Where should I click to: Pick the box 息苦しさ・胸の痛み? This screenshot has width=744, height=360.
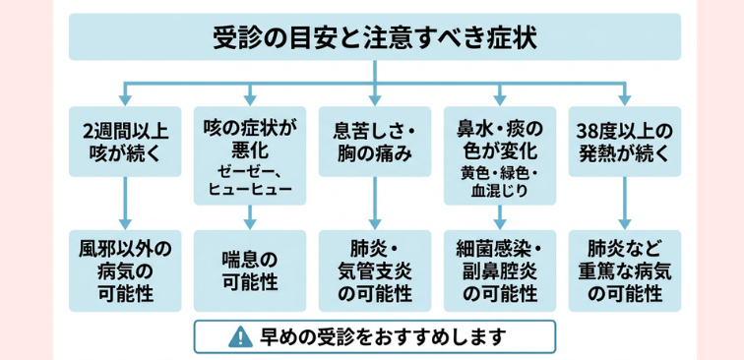point(375,143)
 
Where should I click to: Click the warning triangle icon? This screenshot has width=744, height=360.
point(239,337)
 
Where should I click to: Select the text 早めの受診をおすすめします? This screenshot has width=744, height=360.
point(384,337)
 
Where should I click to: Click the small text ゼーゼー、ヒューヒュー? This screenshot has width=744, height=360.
point(249,179)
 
